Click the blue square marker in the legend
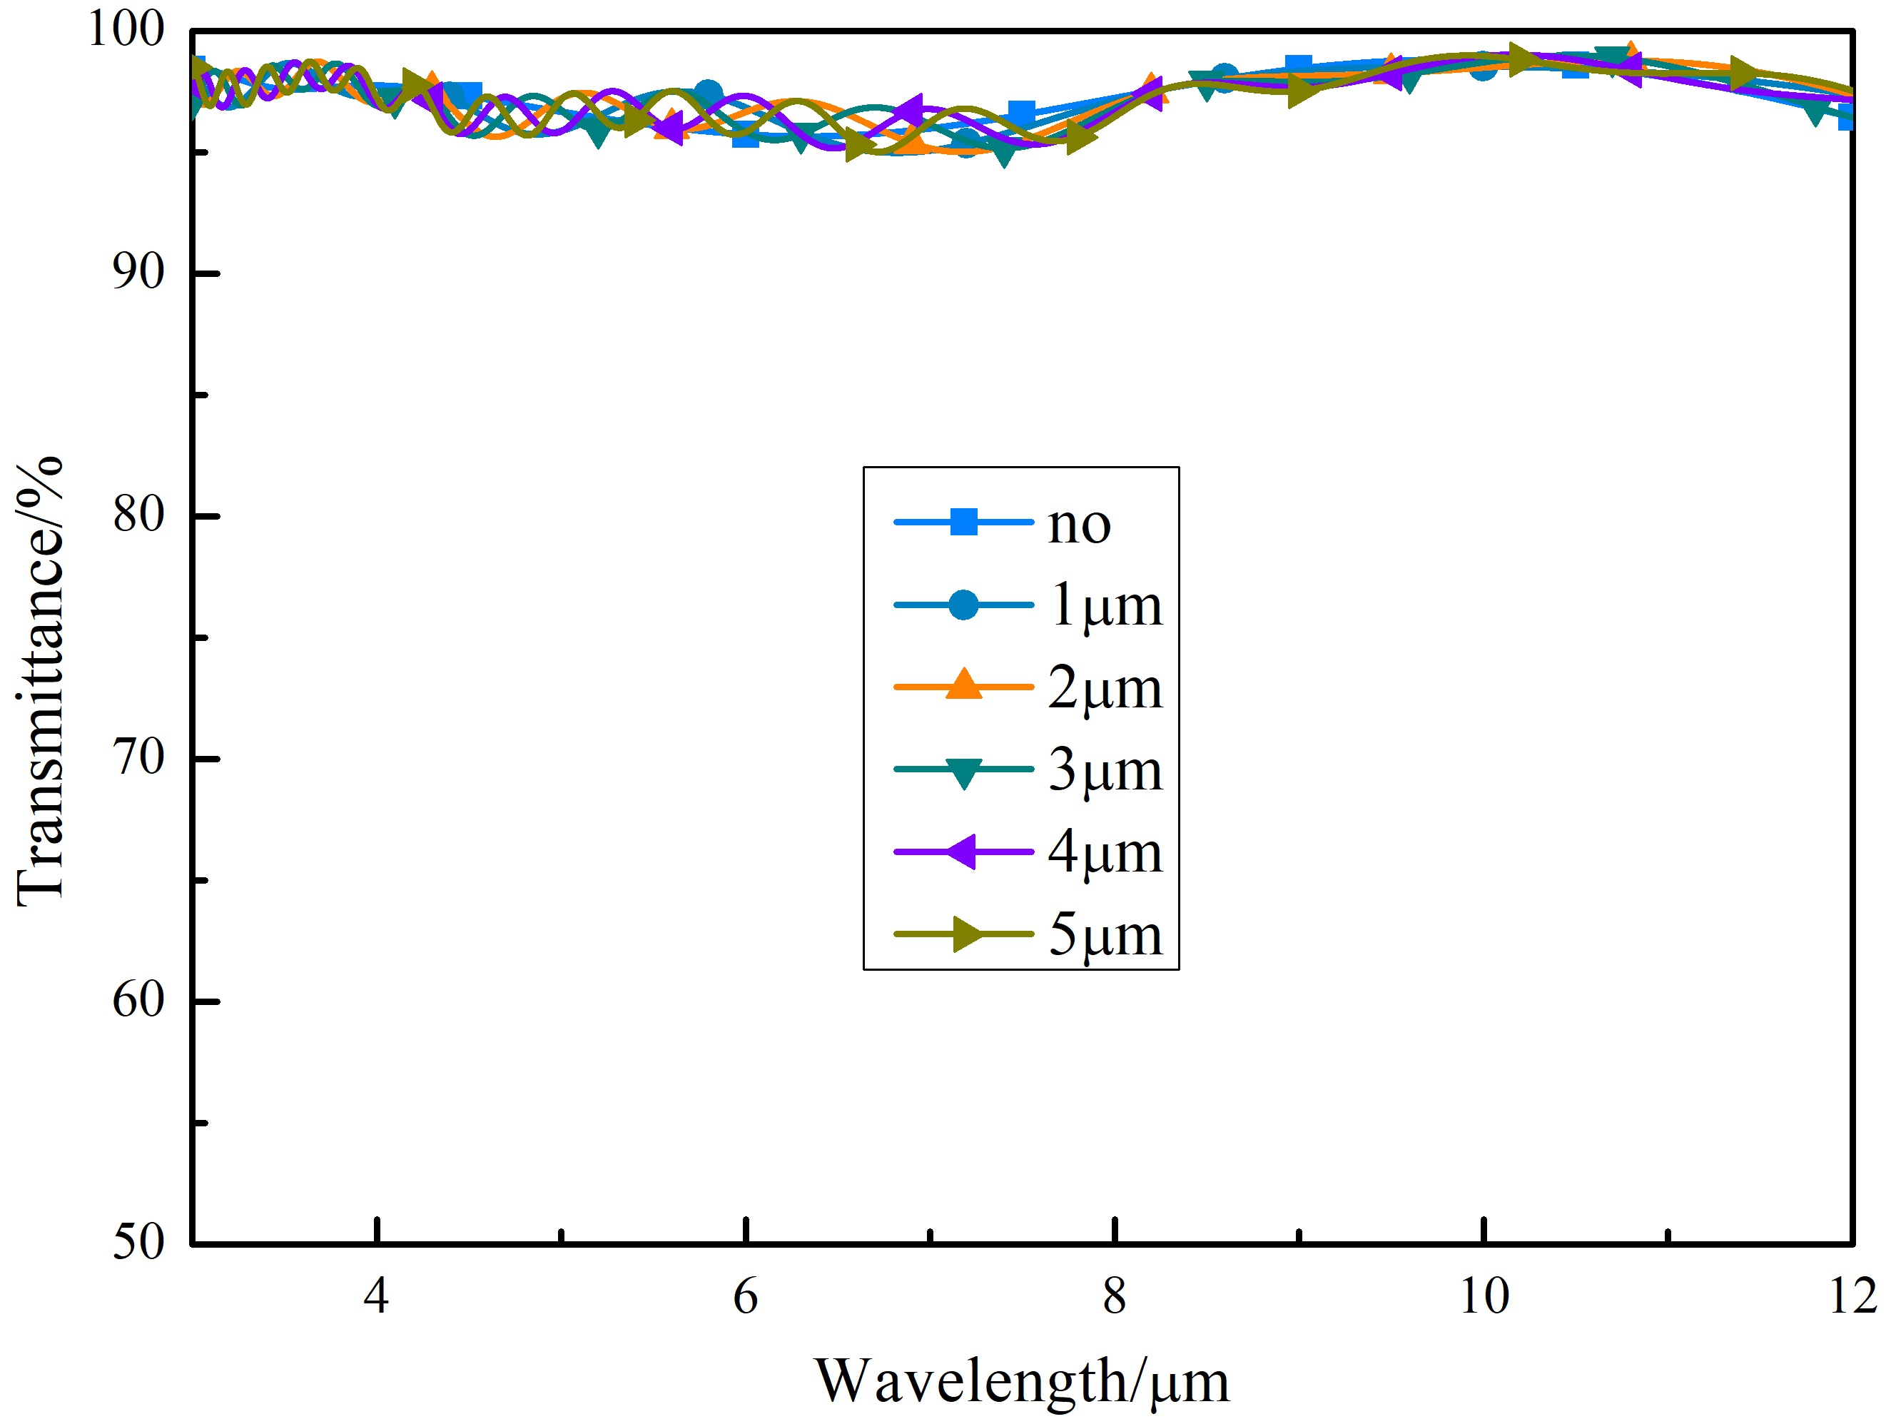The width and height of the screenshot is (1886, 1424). [x=963, y=522]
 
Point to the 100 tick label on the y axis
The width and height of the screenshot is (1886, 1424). [x=126, y=30]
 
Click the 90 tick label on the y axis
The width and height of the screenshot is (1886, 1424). [x=138, y=273]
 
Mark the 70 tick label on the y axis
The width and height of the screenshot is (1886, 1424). [x=138, y=757]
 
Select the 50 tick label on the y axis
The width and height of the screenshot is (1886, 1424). [x=138, y=1243]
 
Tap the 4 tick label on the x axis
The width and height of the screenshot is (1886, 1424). [x=376, y=1297]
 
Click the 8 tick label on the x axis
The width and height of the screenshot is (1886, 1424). [x=1115, y=1297]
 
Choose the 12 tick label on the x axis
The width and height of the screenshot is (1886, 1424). [x=1852, y=1297]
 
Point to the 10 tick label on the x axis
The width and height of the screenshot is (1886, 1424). [x=1484, y=1297]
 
